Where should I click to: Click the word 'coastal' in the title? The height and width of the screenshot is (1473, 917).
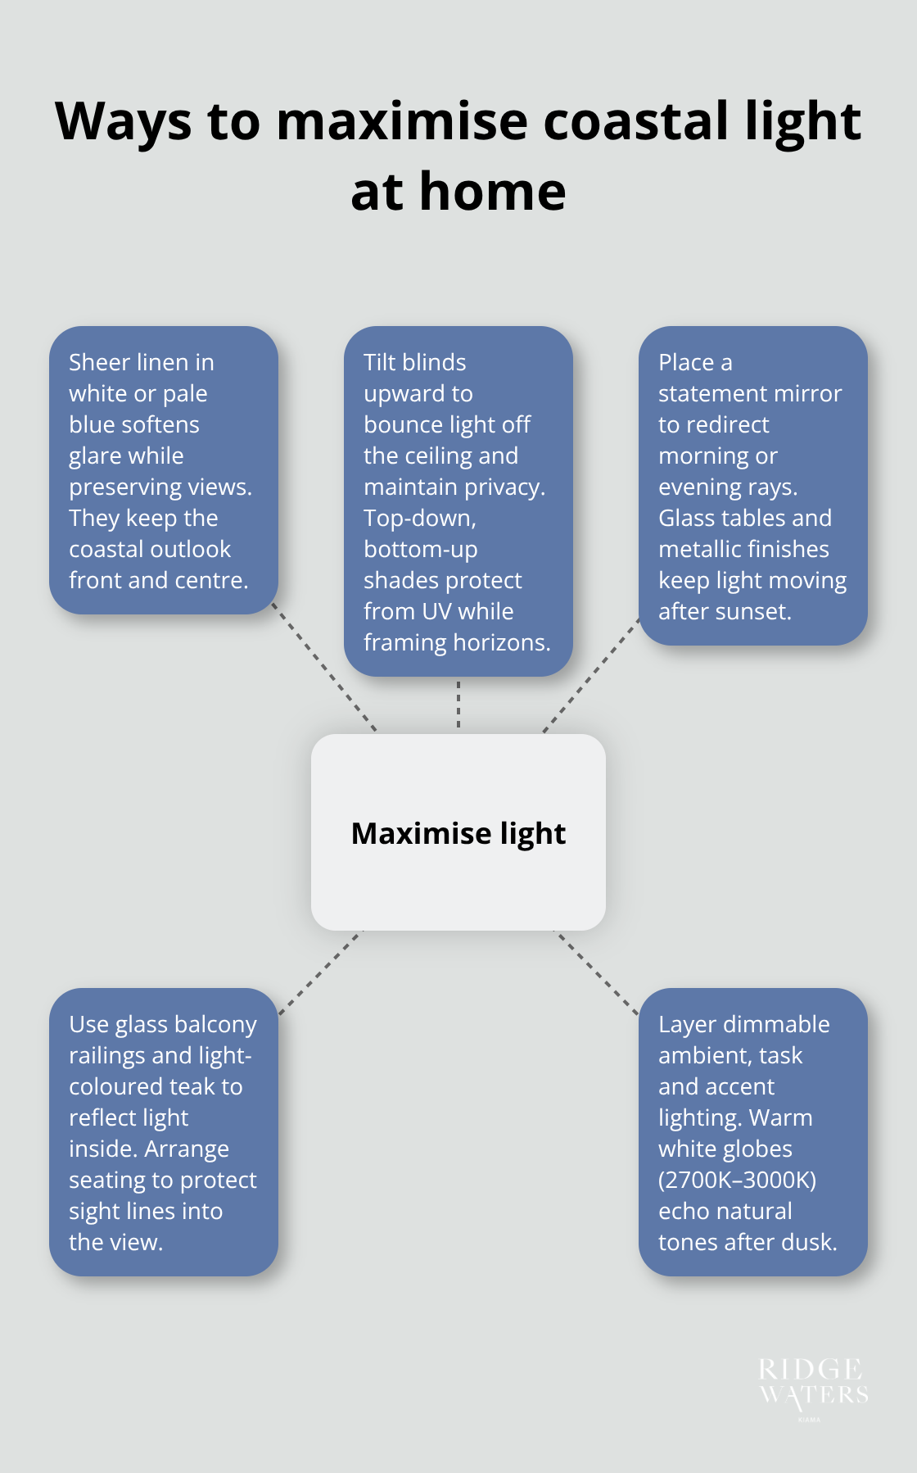coord(636,121)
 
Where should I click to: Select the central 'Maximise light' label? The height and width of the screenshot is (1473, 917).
coord(458,833)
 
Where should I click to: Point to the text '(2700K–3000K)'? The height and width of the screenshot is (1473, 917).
coord(737,1180)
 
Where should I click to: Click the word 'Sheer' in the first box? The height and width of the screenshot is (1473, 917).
coord(100,362)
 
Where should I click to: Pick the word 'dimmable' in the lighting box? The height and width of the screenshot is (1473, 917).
coord(777,1024)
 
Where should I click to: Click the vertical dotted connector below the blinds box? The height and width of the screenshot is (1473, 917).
coord(458,705)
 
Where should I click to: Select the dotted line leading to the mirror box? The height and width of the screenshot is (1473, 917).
coord(591,675)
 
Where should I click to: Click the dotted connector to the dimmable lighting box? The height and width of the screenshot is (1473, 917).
coord(597,972)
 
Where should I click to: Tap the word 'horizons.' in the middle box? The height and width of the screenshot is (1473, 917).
coord(502,642)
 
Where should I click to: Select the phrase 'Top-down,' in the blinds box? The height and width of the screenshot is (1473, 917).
coord(419,518)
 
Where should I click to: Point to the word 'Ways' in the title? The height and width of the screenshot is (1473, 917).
coord(123,121)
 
